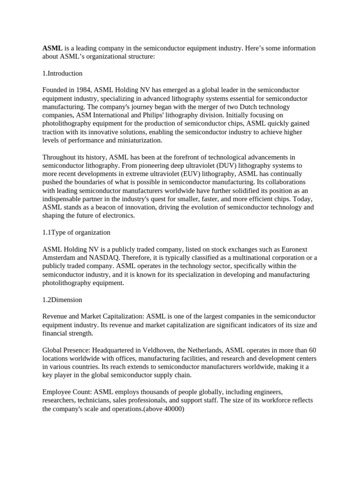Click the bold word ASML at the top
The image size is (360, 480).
click(52, 48)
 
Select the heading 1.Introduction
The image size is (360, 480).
click(62, 73)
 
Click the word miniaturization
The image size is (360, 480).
click(138, 140)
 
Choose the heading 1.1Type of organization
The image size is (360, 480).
click(76, 232)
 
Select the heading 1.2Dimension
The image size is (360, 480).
click(62, 300)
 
